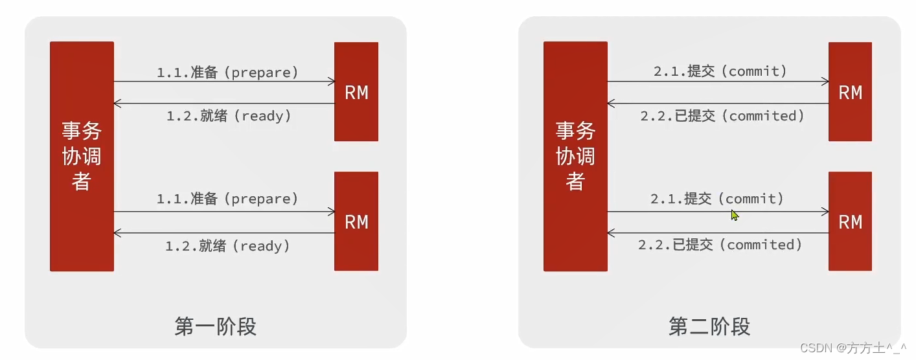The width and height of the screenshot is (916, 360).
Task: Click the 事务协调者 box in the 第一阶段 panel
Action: [82, 156]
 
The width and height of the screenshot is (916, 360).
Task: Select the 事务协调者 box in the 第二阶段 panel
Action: [575, 156]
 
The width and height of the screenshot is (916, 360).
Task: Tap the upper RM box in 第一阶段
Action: [356, 92]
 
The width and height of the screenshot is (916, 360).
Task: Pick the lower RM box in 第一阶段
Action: [356, 221]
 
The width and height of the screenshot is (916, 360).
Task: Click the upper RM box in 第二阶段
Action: [850, 92]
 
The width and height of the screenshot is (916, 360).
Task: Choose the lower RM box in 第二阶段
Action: [850, 221]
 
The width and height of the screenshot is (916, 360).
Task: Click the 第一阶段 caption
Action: [216, 326]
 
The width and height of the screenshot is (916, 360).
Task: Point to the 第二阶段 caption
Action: [709, 326]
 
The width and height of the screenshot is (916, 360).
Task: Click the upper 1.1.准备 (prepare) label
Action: [227, 72]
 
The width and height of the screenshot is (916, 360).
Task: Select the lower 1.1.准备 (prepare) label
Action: [227, 198]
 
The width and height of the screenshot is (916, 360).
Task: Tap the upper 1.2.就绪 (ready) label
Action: [229, 116]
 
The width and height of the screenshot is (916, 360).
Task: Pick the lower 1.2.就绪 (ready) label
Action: [227, 245]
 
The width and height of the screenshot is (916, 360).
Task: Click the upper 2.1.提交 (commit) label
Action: [720, 71]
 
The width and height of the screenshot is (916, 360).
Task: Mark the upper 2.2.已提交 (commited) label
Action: [722, 116]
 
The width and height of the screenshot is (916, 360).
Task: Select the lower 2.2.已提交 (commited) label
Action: [720, 245]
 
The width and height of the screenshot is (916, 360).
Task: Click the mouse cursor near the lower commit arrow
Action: [734, 215]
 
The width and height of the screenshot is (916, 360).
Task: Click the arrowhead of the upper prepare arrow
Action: [332, 82]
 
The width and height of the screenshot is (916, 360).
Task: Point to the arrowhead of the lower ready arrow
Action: [117, 233]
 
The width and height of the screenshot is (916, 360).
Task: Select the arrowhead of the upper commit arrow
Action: [825, 82]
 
